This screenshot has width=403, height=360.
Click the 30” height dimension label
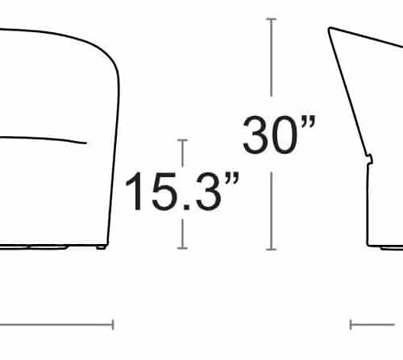tap(279, 134)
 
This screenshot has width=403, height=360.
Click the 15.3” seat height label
tap(182, 191)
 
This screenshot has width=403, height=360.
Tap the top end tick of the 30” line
tap(272, 19)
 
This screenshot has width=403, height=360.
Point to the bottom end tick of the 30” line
tap(272, 250)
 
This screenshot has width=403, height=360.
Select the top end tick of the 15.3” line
tap(182, 140)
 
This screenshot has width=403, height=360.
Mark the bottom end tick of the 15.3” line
tap(182, 248)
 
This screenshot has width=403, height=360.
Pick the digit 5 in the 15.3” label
tap(164, 192)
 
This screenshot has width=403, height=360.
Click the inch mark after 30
tap(309, 122)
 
